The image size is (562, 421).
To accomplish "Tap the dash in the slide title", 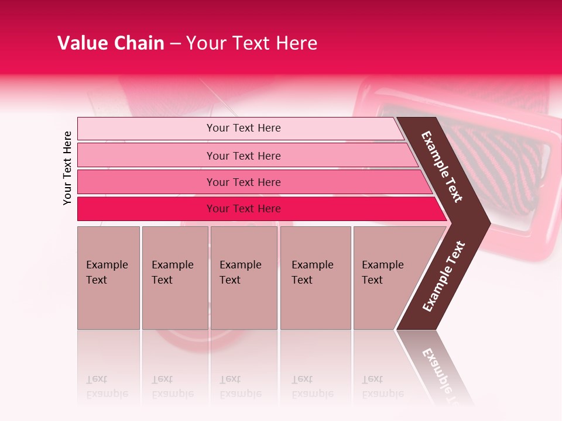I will [175, 44].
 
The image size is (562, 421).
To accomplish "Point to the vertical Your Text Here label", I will [67, 168].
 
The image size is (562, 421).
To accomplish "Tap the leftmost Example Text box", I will [108, 277].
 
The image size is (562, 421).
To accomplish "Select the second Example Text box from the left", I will [174, 277].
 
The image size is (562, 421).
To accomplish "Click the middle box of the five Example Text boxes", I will [244, 277].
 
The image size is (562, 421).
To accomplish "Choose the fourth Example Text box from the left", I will [315, 277].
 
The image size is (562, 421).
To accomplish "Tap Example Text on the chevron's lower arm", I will [444, 277].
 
